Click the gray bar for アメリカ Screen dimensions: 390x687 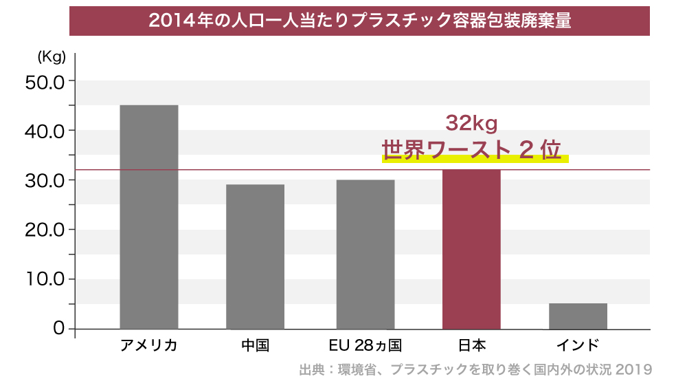pos(149,217)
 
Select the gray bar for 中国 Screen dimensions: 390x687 pos(255,257)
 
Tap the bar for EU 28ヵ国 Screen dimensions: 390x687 pos(365,254)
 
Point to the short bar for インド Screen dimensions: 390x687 pos(578,316)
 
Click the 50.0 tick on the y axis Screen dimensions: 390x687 pos(44,81)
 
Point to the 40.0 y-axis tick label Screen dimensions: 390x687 pos(44,131)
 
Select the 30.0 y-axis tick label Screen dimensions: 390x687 pos(44,180)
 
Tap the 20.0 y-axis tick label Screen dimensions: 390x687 pos(44,230)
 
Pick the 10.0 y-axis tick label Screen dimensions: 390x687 pos(44,279)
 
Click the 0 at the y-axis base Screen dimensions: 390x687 pos(58,329)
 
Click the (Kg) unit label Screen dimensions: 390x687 pos(52,56)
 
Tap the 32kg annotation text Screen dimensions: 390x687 pos(471,123)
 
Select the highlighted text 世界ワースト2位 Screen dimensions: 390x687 pos(472,151)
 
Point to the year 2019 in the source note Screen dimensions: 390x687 pos(633,370)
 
